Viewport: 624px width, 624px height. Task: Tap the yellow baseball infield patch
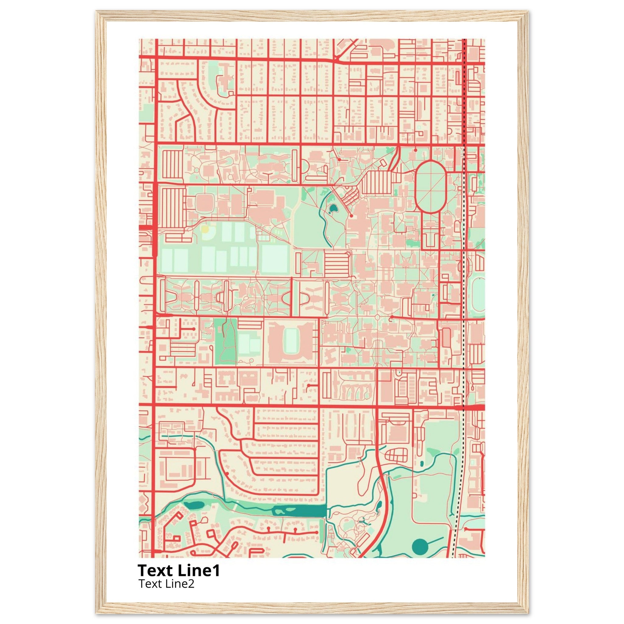point(205,229)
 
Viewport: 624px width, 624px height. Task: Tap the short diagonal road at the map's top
point(347,49)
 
